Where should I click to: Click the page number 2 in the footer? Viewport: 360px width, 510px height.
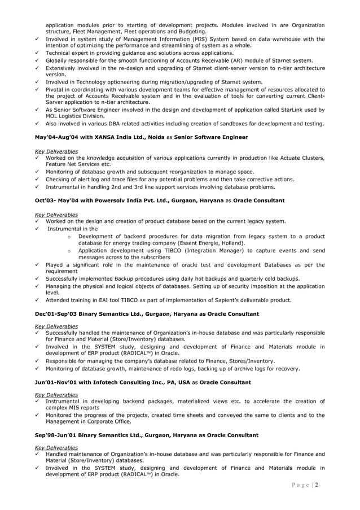(318, 485)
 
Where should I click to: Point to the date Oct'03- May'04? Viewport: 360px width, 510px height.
(55, 200)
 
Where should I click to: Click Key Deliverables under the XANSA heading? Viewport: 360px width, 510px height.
(56, 151)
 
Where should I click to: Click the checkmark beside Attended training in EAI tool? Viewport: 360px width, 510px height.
(37, 300)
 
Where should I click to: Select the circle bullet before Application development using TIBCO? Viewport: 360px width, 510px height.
(68, 250)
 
